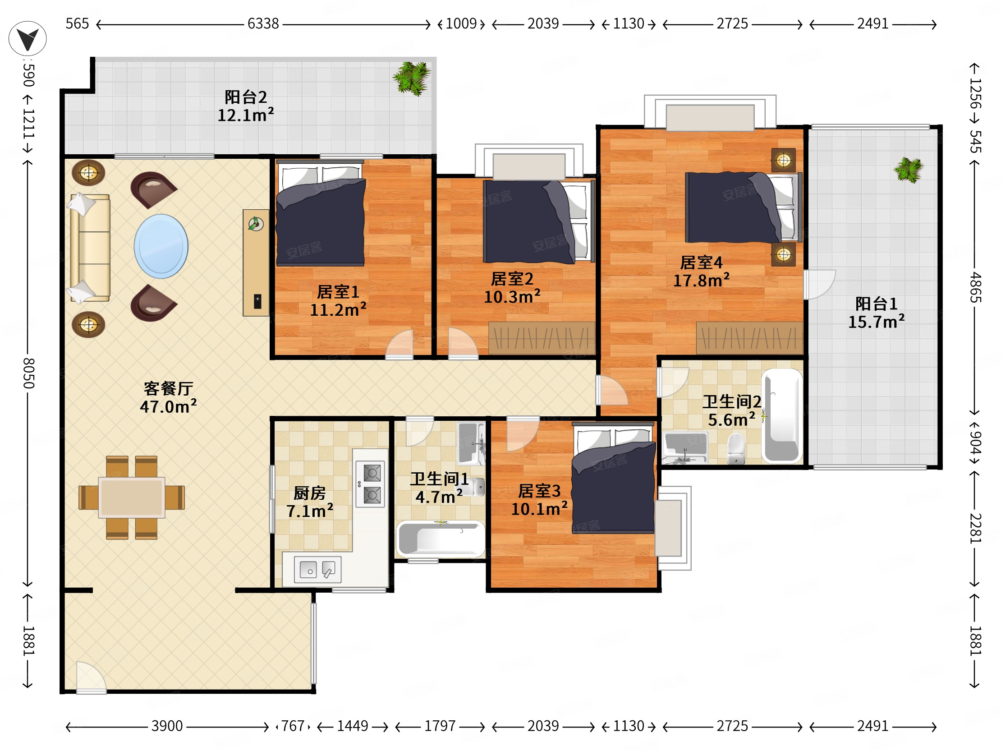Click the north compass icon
coord(28,38)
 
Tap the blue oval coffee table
coord(161,246)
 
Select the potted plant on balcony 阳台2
coord(411,78)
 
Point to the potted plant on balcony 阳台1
coord(908,170)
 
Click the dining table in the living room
coord(132,498)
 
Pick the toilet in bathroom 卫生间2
coord(736,449)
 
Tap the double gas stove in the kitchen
coord(371,484)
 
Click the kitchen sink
coord(318,570)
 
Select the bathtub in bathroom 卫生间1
coord(441,539)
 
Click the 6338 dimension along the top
coord(263,23)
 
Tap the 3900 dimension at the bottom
coord(167,726)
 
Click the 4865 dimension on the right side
coord(975,287)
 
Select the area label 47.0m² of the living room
coord(168,406)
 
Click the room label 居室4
coord(701,263)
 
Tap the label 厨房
coord(309,493)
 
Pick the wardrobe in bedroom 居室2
coord(542,338)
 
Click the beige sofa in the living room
coord(90,248)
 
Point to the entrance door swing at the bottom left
coord(91,677)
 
